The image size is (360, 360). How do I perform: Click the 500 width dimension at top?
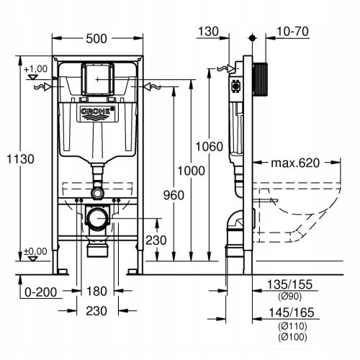[x=96, y=20]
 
